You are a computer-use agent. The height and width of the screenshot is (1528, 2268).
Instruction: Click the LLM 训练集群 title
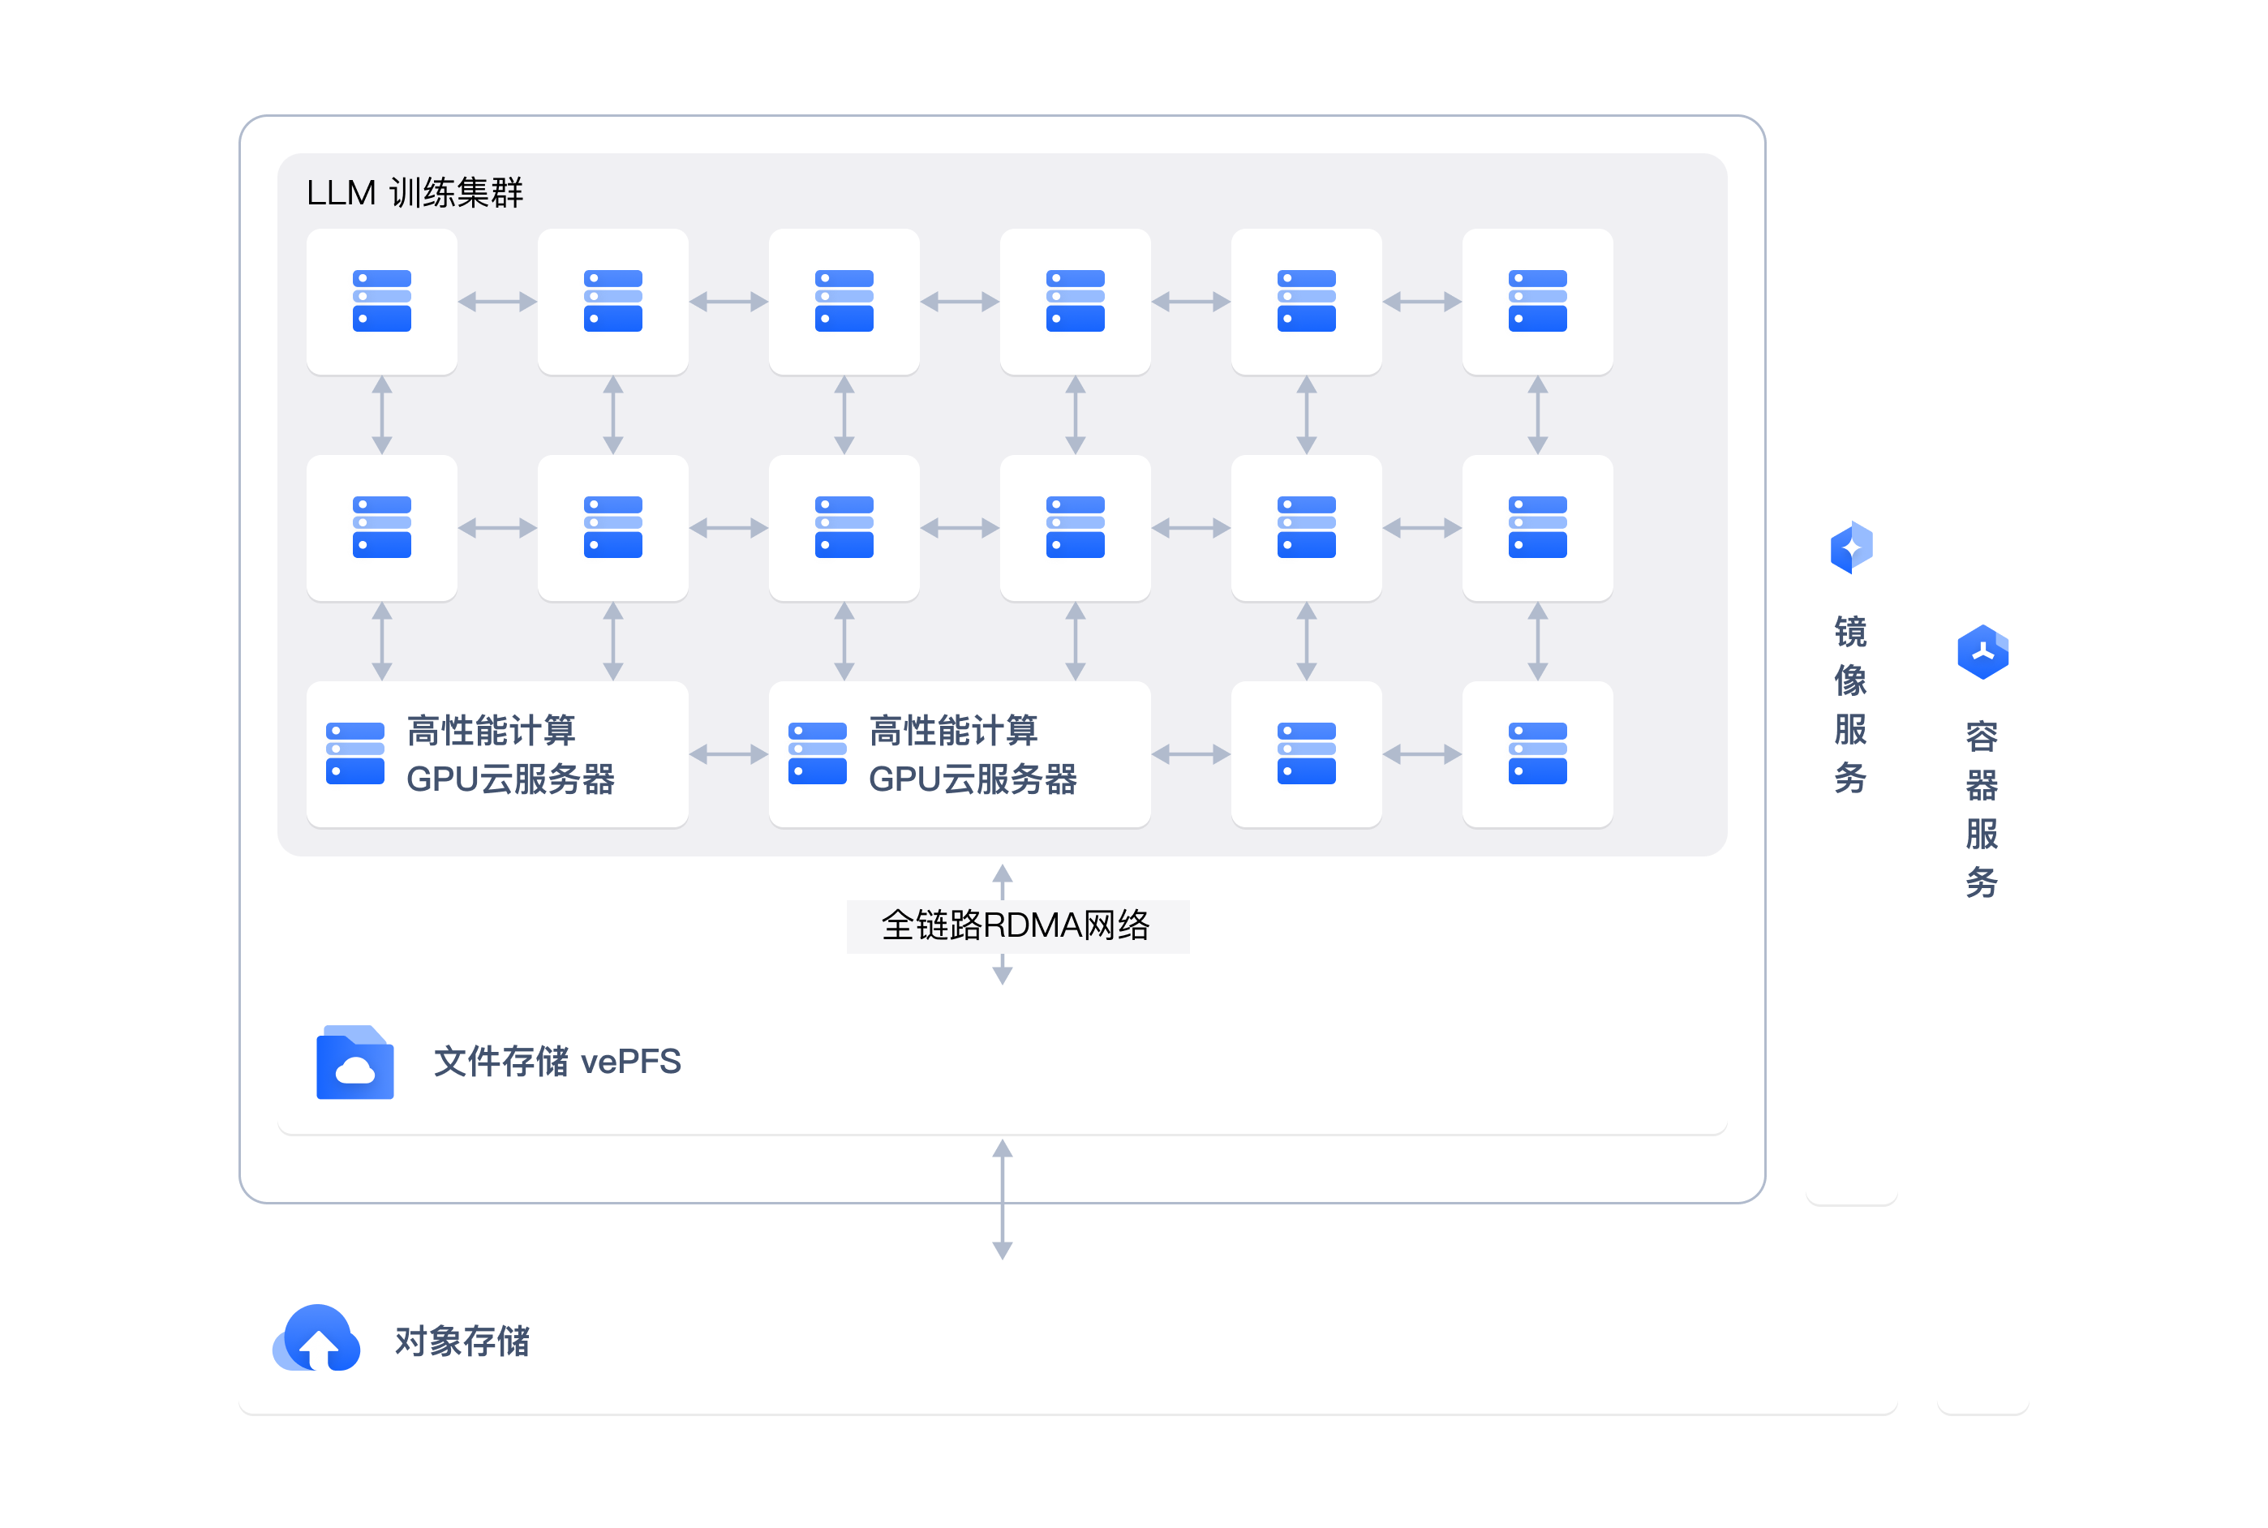coord(415,192)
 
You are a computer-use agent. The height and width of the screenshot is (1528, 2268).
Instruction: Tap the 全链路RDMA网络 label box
coord(1016,925)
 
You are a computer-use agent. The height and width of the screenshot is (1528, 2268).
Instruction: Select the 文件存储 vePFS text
coord(556,1061)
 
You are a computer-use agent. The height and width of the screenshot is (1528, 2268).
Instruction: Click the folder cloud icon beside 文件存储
coord(354,1062)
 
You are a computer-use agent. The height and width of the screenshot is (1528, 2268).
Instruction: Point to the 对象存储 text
coord(462,1341)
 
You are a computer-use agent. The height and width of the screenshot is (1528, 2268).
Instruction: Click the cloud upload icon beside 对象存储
coord(317,1339)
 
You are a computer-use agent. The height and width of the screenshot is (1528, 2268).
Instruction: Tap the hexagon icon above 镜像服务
coord(1851,547)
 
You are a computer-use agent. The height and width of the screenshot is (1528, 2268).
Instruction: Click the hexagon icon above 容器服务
coord(1982,652)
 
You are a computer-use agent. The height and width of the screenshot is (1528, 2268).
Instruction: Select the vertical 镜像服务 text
coord(1850,705)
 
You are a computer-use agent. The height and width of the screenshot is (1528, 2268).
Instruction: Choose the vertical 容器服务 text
coord(1982,809)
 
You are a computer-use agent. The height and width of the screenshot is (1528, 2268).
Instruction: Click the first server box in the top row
coord(381,301)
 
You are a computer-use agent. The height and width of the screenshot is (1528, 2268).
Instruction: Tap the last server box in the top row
coord(1537,301)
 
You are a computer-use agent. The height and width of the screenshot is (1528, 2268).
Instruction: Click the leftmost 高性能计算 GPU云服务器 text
coord(509,754)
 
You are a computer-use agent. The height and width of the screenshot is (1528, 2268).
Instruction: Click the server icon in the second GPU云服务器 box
coord(817,753)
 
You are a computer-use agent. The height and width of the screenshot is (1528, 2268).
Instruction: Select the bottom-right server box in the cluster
coord(1537,753)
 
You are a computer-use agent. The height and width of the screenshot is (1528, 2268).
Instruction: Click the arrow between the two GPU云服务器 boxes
coord(728,753)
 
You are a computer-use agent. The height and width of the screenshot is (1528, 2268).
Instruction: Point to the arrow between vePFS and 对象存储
coord(1002,1200)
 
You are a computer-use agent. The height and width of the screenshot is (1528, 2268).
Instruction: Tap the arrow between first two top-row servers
coord(497,301)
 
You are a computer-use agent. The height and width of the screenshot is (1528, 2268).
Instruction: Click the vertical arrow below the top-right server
coord(1537,415)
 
